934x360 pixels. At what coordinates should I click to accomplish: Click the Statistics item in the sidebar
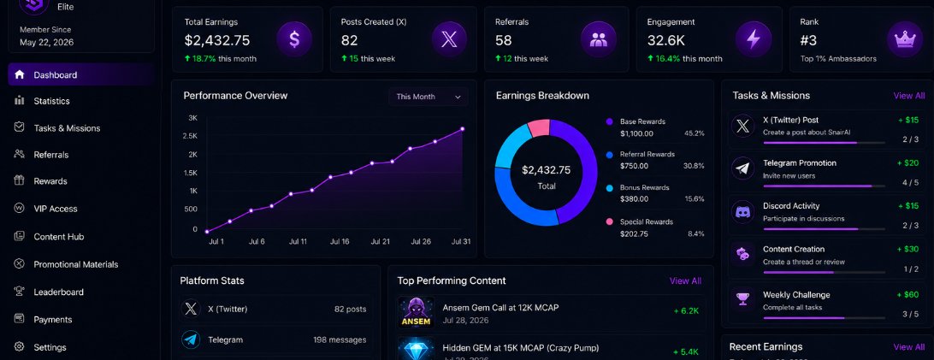pos(51,101)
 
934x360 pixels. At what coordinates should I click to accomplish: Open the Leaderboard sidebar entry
pos(58,292)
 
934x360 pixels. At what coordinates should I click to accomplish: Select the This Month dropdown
pos(429,97)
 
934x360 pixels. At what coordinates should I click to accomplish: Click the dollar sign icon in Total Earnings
pos(294,39)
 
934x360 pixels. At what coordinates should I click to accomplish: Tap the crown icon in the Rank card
pos(905,39)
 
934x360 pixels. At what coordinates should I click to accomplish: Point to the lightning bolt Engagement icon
pos(754,39)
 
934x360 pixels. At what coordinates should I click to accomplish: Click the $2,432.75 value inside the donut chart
pos(547,170)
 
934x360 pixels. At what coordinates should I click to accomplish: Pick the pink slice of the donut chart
pos(539,128)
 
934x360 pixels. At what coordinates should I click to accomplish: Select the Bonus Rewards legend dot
pos(609,188)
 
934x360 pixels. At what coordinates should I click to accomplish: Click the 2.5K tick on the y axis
pos(190,136)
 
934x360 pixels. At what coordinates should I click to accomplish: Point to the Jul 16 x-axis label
pos(339,242)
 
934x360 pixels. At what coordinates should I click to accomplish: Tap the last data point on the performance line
pos(462,129)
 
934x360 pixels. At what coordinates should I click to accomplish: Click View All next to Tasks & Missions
pos(909,96)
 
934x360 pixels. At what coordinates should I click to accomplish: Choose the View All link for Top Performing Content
pos(686,280)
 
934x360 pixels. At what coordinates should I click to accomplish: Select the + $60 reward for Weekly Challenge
pos(907,294)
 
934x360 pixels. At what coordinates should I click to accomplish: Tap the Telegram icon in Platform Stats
pos(191,339)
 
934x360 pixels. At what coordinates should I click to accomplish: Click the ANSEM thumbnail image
pos(416,312)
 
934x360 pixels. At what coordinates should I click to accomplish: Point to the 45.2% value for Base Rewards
pos(695,133)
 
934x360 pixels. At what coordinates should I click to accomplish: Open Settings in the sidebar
pos(50,347)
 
